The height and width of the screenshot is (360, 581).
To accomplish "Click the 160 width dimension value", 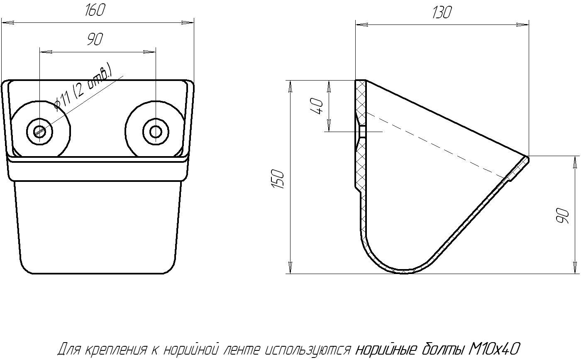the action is pos(95,10).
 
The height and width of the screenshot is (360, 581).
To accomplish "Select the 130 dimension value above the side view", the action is pos(442,12).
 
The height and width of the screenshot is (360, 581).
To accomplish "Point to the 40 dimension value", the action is pos(317,106).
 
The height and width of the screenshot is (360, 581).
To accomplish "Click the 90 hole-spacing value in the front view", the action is pos(95,39).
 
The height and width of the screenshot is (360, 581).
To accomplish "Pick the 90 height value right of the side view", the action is pos(563,216).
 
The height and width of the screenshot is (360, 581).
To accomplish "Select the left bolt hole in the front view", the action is pos(40,132).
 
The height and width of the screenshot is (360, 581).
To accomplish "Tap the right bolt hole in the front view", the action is pos(156,132).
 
